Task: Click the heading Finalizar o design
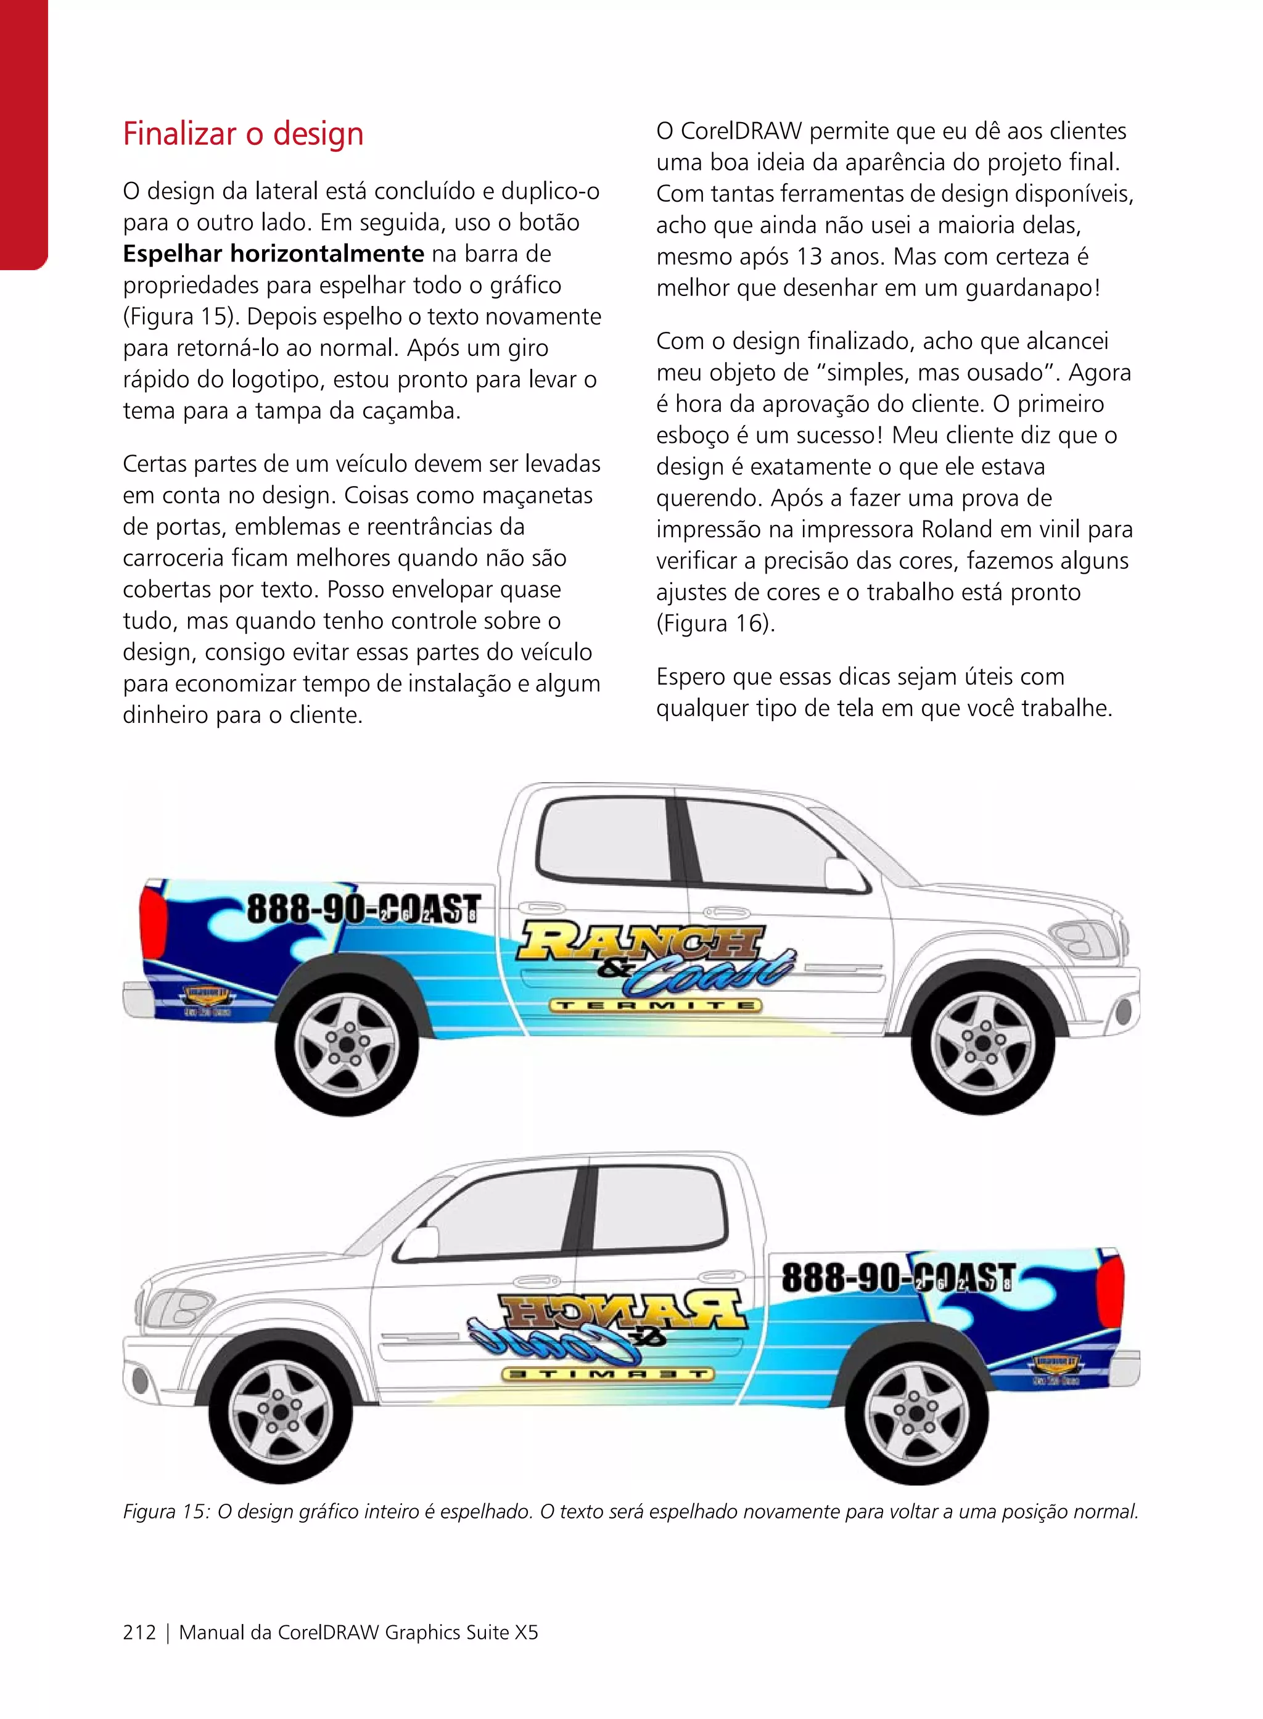point(243,134)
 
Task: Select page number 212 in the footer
point(139,1632)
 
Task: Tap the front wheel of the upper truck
point(982,1043)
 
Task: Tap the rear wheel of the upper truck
point(347,1045)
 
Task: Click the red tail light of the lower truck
point(1110,1295)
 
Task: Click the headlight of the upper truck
point(1082,938)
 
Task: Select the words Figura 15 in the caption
point(165,1512)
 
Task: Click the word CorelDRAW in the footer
point(328,1632)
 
